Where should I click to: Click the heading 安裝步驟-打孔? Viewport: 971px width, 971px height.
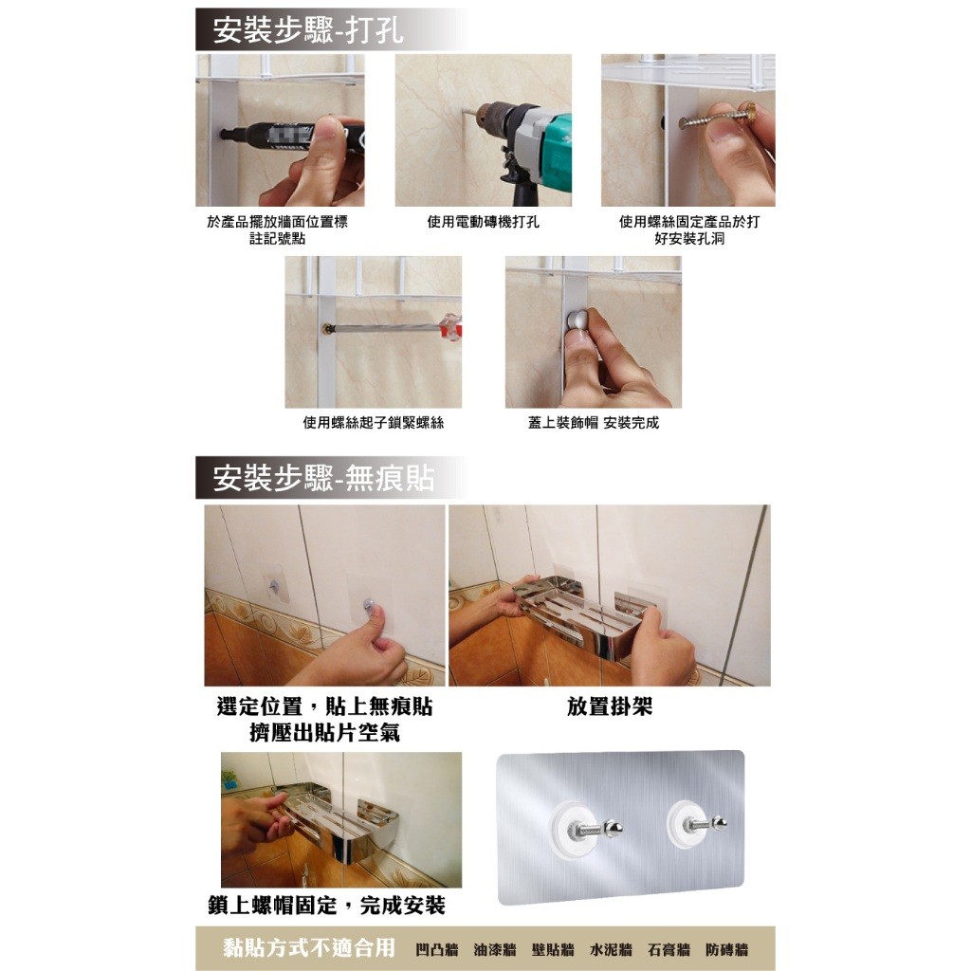tap(308, 29)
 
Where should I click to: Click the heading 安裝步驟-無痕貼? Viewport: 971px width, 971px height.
tap(323, 478)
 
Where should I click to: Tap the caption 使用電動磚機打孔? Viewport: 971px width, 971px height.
tap(483, 222)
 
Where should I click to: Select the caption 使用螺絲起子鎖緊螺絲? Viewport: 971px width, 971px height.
tap(374, 423)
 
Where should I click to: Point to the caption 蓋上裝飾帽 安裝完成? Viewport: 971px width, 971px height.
tap(594, 423)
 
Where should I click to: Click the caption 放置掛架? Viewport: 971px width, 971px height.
tap(610, 705)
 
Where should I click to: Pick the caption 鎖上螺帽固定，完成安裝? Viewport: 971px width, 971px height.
tap(327, 906)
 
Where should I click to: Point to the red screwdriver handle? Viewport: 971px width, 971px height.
tap(450, 326)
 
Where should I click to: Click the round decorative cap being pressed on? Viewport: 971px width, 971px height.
tap(577, 321)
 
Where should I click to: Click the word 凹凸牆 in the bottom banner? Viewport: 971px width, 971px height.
tap(436, 949)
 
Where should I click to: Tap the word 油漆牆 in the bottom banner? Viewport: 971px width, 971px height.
tap(495, 949)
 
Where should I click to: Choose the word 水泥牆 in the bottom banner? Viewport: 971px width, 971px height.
tap(611, 949)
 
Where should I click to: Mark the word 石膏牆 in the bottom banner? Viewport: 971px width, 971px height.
tap(669, 949)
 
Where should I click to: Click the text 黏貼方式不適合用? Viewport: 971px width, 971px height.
tap(309, 947)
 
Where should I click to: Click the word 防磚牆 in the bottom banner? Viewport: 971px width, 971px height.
tap(727, 949)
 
